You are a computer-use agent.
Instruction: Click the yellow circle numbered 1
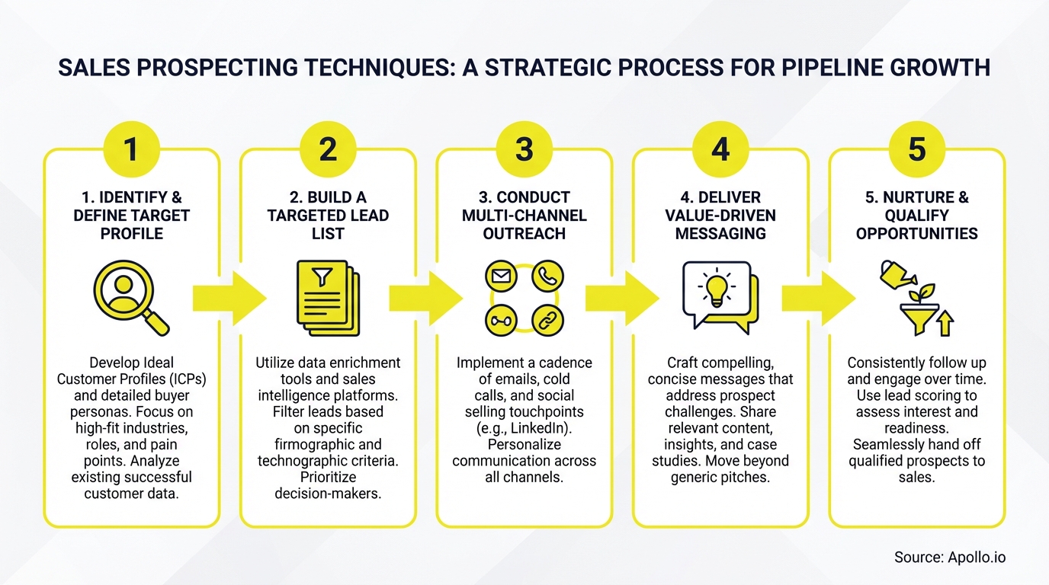click(x=131, y=149)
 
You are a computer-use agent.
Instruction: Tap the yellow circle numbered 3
click(x=524, y=149)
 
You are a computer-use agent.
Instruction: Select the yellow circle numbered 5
click(x=916, y=149)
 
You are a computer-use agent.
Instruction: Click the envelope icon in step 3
click(x=501, y=277)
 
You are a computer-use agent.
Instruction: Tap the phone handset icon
click(x=547, y=277)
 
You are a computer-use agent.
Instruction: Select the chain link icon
click(x=547, y=321)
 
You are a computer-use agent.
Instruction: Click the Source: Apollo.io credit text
click(x=950, y=558)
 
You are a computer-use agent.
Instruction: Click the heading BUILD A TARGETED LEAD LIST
click(x=328, y=216)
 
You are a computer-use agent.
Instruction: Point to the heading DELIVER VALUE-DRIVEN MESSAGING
click(x=720, y=216)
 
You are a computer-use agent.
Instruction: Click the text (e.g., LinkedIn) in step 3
click(x=524, y=428)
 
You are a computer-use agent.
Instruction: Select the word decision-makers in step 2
click(x=328, y=494)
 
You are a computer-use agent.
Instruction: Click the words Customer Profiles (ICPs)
click(x=131, y=379)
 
